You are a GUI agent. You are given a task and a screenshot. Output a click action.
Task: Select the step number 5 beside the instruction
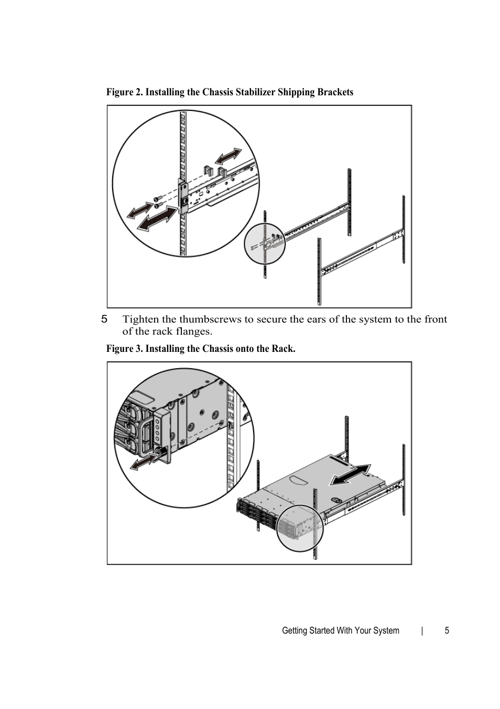(104, 319)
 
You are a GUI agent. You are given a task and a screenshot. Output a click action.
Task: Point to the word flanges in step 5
(193, 331)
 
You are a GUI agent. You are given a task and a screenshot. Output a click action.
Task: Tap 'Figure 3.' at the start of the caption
(124, 349)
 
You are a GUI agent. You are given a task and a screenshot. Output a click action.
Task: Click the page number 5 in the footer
(447, 630)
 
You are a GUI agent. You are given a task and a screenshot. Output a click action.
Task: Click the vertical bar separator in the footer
(422, 630)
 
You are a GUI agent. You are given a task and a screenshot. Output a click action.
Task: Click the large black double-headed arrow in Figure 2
(157, 218)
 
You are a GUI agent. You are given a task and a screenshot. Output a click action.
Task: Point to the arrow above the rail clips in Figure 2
(228, 156)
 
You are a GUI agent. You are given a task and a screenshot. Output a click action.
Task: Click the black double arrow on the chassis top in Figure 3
(350, 475)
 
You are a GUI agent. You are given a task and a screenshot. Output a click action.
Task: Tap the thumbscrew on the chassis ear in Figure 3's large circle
(159, 451)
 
